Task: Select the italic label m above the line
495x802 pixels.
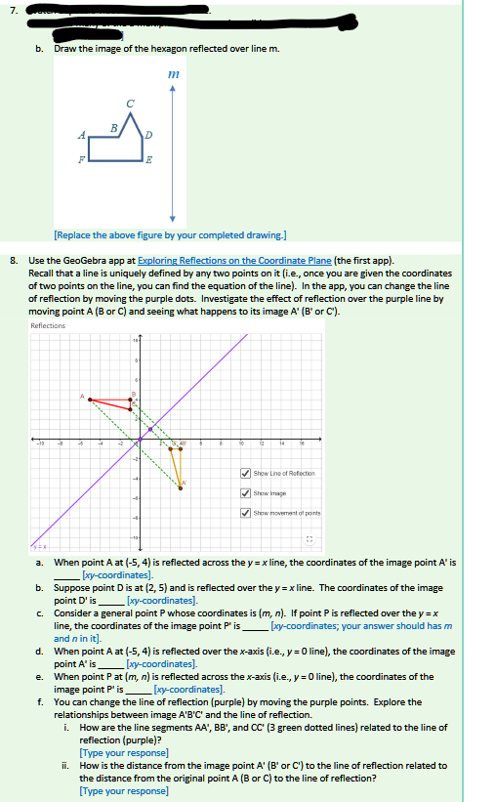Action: click(x=173, y=74)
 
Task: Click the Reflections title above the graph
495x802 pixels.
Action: click(x=48, y=325)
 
